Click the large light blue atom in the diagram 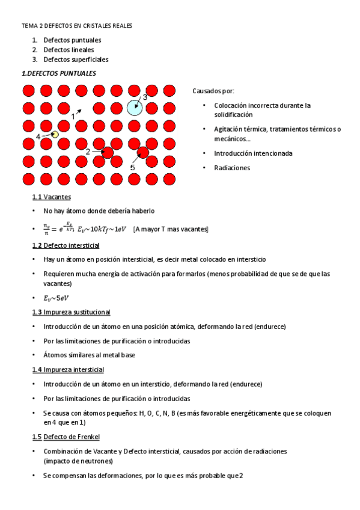135,108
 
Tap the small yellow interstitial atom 55,135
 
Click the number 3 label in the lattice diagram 145,96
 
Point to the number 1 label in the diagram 73,115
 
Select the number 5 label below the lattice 132,167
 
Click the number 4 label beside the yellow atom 38,137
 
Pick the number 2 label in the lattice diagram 88,152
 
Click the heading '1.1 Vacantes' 52,197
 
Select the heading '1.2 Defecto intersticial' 66,245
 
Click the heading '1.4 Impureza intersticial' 68,369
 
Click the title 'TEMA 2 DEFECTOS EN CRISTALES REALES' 77,26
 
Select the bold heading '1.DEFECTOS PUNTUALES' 58,73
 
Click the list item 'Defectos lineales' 69,49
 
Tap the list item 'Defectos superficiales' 76,59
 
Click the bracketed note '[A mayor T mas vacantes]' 171,229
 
